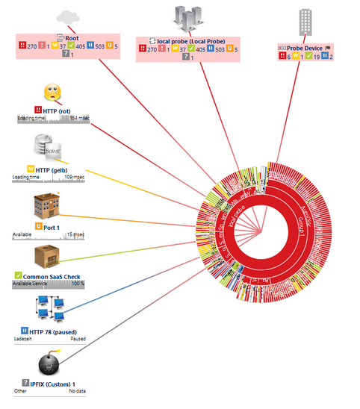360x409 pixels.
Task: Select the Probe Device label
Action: (305, 49)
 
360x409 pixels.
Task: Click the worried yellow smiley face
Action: (50, 93)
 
